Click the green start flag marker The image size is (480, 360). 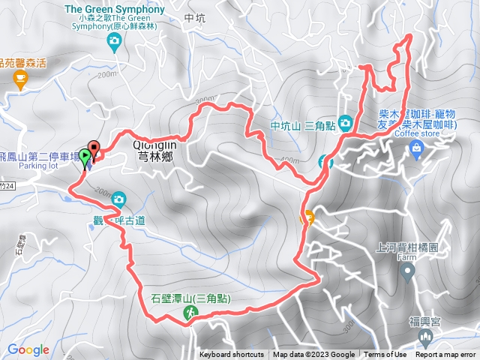[x=85, y=157]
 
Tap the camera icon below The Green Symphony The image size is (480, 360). [x=114, y=42]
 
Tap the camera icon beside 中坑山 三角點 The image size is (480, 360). [x=345, y=121]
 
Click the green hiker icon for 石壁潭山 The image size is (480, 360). [x=188, y=320]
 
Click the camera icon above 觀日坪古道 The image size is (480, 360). [x=118, y=199]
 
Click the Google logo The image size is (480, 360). [x=28, y=349]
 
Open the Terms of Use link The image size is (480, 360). [x=385, y=355]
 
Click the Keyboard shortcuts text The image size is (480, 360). [x=231, y=355]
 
